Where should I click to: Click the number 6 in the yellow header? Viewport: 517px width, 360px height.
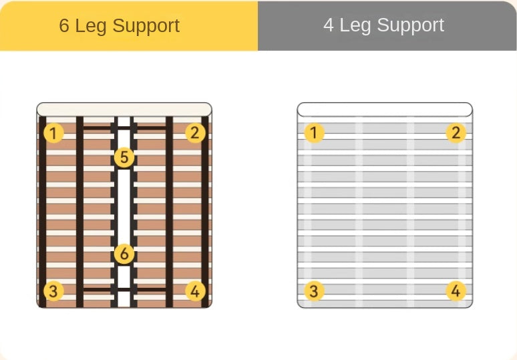[64, 25]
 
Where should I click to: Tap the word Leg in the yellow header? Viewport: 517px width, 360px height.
[91, 26]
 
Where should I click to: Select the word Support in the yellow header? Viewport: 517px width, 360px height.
[146, 26]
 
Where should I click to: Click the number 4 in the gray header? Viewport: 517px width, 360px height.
[329, 25]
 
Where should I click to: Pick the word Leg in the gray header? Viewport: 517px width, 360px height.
[355, 25]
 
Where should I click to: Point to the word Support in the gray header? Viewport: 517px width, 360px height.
[411, 25]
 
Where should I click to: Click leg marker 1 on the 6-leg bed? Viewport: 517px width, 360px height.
[53, 133]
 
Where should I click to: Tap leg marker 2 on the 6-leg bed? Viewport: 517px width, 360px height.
[195, 133]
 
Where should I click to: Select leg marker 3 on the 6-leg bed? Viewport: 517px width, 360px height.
[53, 291]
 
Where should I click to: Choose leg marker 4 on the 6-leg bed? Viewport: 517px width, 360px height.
[195, 291]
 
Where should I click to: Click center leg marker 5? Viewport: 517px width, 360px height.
[124, 157]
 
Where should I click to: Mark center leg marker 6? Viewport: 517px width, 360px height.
[124, 254]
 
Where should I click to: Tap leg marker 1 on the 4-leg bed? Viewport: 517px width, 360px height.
[314, 133]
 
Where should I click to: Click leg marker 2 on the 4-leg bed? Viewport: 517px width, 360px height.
[456, 133]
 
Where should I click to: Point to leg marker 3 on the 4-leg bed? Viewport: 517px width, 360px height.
[314, 291]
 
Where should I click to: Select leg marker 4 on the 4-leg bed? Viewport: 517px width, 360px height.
[456, 291]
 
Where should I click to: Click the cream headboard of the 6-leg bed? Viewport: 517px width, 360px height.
[124, 110]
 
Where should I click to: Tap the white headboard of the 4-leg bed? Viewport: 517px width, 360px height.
[385, 110]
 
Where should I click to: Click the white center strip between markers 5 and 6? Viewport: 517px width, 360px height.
[124, 206]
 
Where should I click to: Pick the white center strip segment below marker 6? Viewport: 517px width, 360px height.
[124, 277]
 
